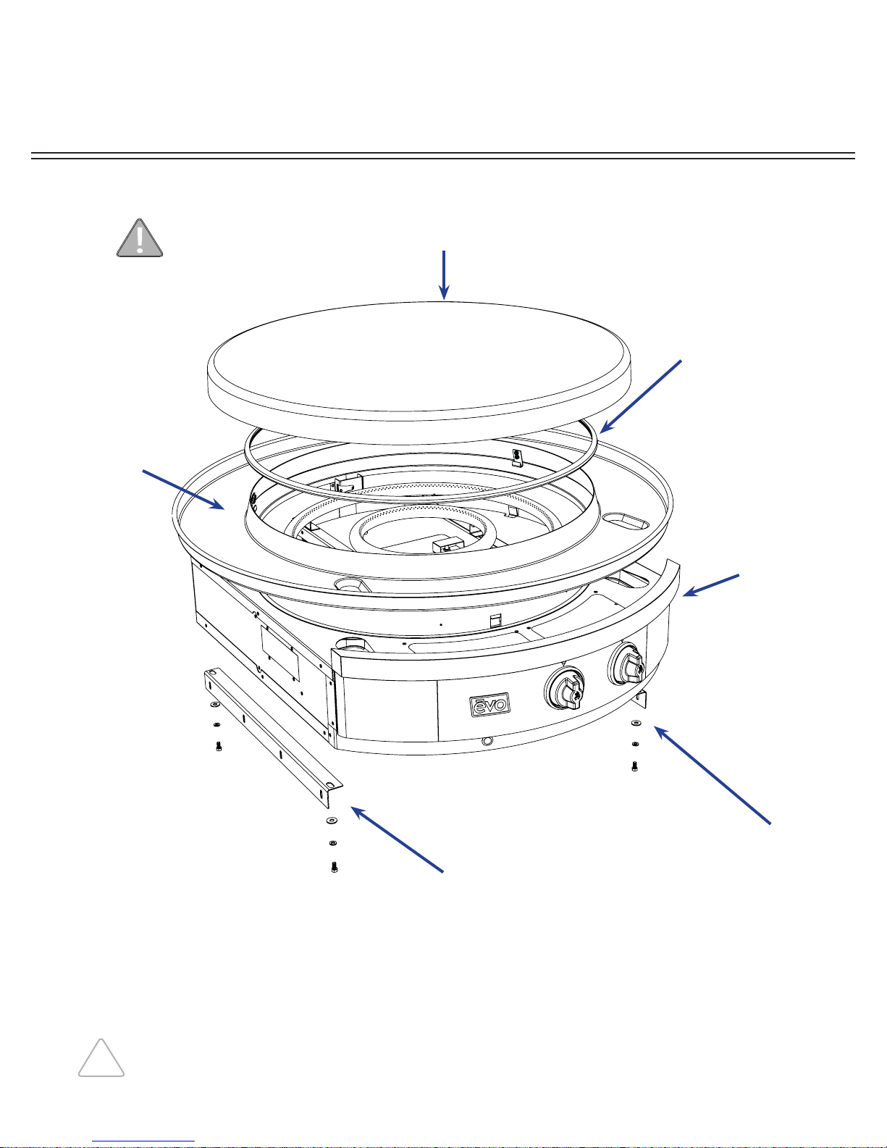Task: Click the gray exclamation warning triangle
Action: coord(140,238)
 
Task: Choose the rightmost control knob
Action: coord(628,663)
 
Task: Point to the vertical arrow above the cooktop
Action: coord(444,275)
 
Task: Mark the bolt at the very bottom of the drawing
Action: coord(333,866)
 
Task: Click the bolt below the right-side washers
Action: coord(634,766)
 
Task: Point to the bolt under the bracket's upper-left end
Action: coord(218,746)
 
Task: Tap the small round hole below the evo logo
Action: coord(487,742)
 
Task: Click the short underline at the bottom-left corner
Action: coord(143,1141)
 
